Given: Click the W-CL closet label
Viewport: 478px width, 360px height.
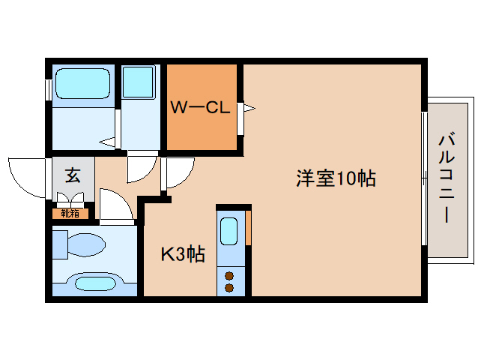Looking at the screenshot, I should [199, 108].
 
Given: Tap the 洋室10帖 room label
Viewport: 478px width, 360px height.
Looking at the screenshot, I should [335, 179].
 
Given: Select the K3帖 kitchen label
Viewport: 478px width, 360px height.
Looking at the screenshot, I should [184, 254].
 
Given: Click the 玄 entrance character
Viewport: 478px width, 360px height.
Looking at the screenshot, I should [73, 175].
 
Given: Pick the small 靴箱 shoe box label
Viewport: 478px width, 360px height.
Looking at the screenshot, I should [69, 214].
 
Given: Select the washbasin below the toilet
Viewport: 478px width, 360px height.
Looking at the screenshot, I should [93, 283].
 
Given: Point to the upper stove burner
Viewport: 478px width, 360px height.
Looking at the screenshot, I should [229, 273].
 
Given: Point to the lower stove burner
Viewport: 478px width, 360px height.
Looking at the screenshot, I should [229, 286].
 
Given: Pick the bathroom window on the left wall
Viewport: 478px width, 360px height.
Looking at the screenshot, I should [48, 89].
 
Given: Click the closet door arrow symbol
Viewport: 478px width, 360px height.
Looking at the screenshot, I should [246, 109].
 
